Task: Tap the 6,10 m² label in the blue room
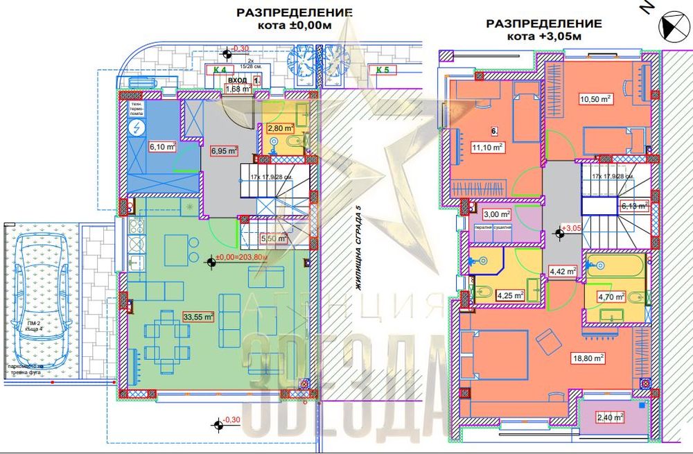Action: point(160,146)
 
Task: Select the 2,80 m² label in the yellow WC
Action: point(281,128)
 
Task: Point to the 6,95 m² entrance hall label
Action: point(224,150)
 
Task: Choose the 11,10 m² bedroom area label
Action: point(488,147)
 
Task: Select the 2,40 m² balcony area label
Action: point(610,417)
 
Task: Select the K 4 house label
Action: point(220,69)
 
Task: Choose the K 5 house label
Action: point(383,69)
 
